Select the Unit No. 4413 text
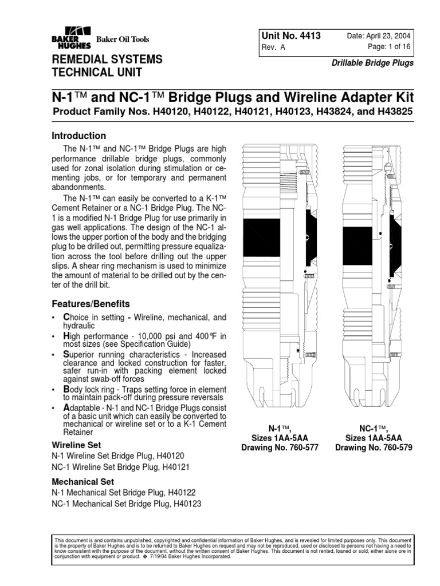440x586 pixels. pyautogui.click(x=290, y=36)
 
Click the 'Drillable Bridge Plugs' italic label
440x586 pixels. pyautogui.click(x=373, y=63)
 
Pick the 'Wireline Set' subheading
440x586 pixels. pyautogui.click(x=76, y=444)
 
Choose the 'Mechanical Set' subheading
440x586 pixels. pyautogui.click(x=83, y=482)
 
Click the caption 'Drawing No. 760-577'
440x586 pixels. pyautogui.click(x=280, y=447)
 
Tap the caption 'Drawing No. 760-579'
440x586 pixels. pyautogui.click(x=374, y=447)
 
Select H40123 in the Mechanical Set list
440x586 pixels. pyautogui.click(x=182, y=504)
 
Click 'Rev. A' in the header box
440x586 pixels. pyautogui.click(x=273, y=49)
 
